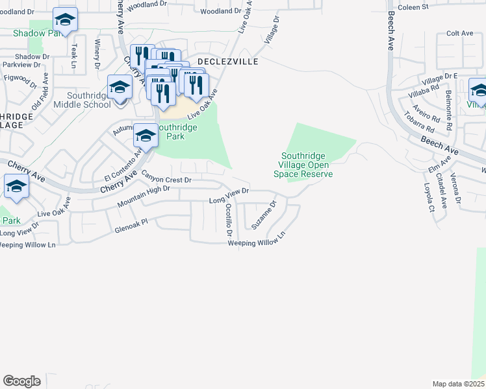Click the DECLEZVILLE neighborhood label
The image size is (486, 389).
point(228,62)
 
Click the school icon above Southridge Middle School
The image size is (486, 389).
point(120,88)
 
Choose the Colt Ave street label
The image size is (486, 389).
point(459,33)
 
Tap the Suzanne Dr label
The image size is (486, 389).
point(264,215)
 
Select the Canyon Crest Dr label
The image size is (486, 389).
point(166,179)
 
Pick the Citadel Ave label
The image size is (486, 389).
point(443,191)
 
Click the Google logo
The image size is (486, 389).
point(21,381)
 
